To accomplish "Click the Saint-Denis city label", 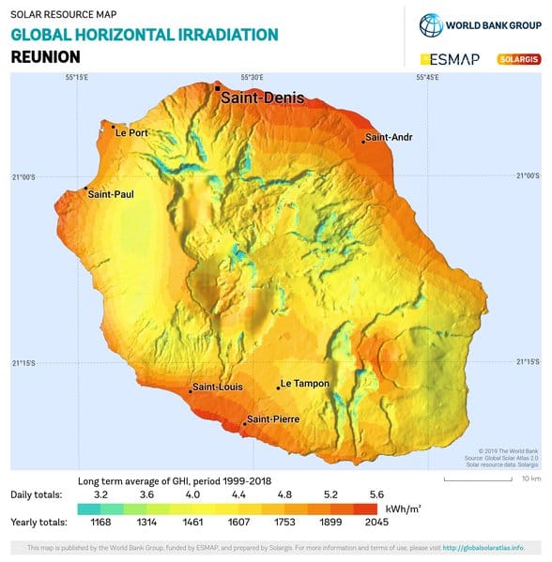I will tap(258, 97).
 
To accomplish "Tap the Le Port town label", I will tap(131, 133).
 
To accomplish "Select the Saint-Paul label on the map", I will tap(110, 194).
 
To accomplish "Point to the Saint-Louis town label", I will tap(218, 387).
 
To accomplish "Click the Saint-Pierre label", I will tap(272, 419).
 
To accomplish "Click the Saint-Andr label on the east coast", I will tap(389, 137).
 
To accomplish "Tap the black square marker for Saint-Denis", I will tap(218, 87).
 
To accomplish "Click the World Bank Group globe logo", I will tap(431, 24).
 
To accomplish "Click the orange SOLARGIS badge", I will tap(518, 59).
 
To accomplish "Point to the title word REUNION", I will tap(45, 57).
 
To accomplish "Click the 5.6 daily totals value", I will tap(377, 494).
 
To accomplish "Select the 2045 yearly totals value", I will tap(377, 522).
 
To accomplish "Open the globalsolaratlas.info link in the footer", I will tap(496, 548).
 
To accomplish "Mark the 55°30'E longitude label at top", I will tap(252, 77).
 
